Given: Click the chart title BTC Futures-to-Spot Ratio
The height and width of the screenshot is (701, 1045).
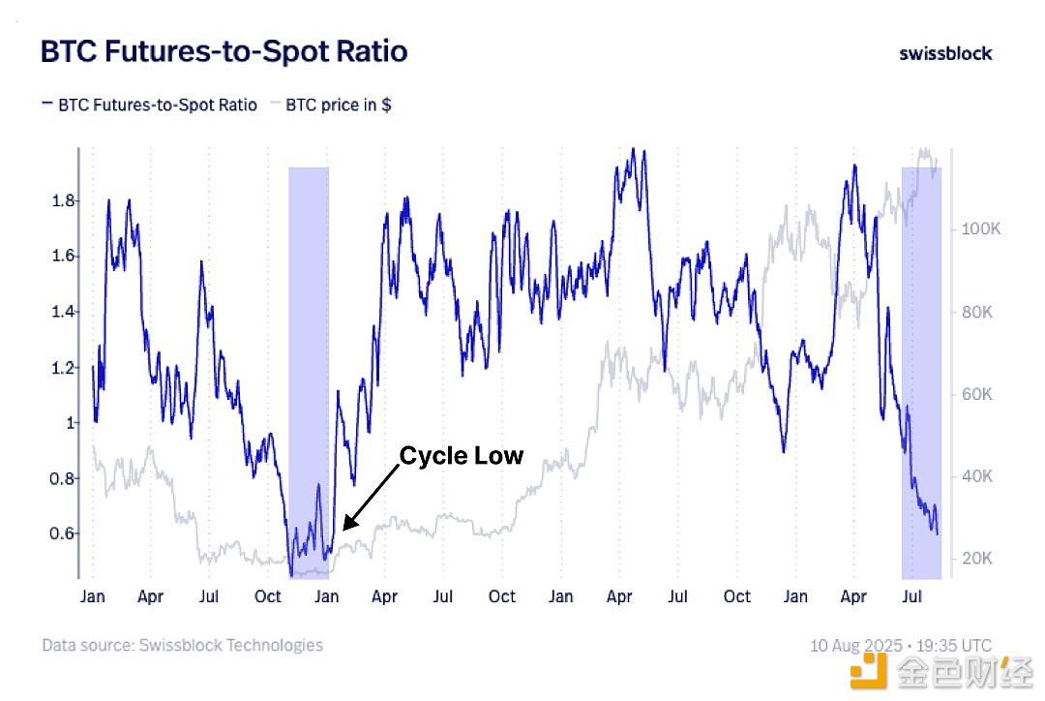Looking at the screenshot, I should pyautogui.click(x=224, y=51).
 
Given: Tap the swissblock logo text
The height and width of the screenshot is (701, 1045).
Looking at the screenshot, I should pyautogui.click(x=945, y=53).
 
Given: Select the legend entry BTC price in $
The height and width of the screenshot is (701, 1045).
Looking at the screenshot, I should pyautogui.click(x=339, y=105).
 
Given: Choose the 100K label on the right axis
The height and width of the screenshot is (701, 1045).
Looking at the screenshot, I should pyautogui.click(x=979, y=229).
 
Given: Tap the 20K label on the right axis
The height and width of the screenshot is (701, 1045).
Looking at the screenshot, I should pyautogui.click(x=975, y=559).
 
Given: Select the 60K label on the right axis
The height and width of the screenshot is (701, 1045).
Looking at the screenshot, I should pyautogui.click(x=975, y=394).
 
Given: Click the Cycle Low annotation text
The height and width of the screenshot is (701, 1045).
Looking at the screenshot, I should pyautogui.click(x=462, y=455).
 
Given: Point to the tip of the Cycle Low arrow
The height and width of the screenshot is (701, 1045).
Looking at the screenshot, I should pyautogui.click(x=344, y=529).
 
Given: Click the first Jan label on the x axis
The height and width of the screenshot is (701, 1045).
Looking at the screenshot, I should pyautogui.click(x=93, y=596).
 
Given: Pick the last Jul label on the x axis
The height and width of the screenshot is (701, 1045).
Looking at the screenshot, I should pyautogui.click(x=911, y=596).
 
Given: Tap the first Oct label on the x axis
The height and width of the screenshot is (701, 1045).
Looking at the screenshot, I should pyautogui.click(x=268, y=596).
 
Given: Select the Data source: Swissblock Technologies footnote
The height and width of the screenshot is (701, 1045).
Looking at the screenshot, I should pyautogui.click(x=182, y=645).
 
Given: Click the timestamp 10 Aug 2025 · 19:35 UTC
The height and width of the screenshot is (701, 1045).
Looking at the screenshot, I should pyautogui.click(x=901, y=646).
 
